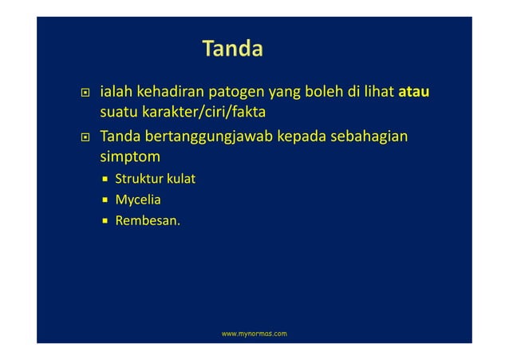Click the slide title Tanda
pyautogui.click(x=232, y=50)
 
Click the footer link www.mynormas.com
pyautogui.click(x=254, y=330)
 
